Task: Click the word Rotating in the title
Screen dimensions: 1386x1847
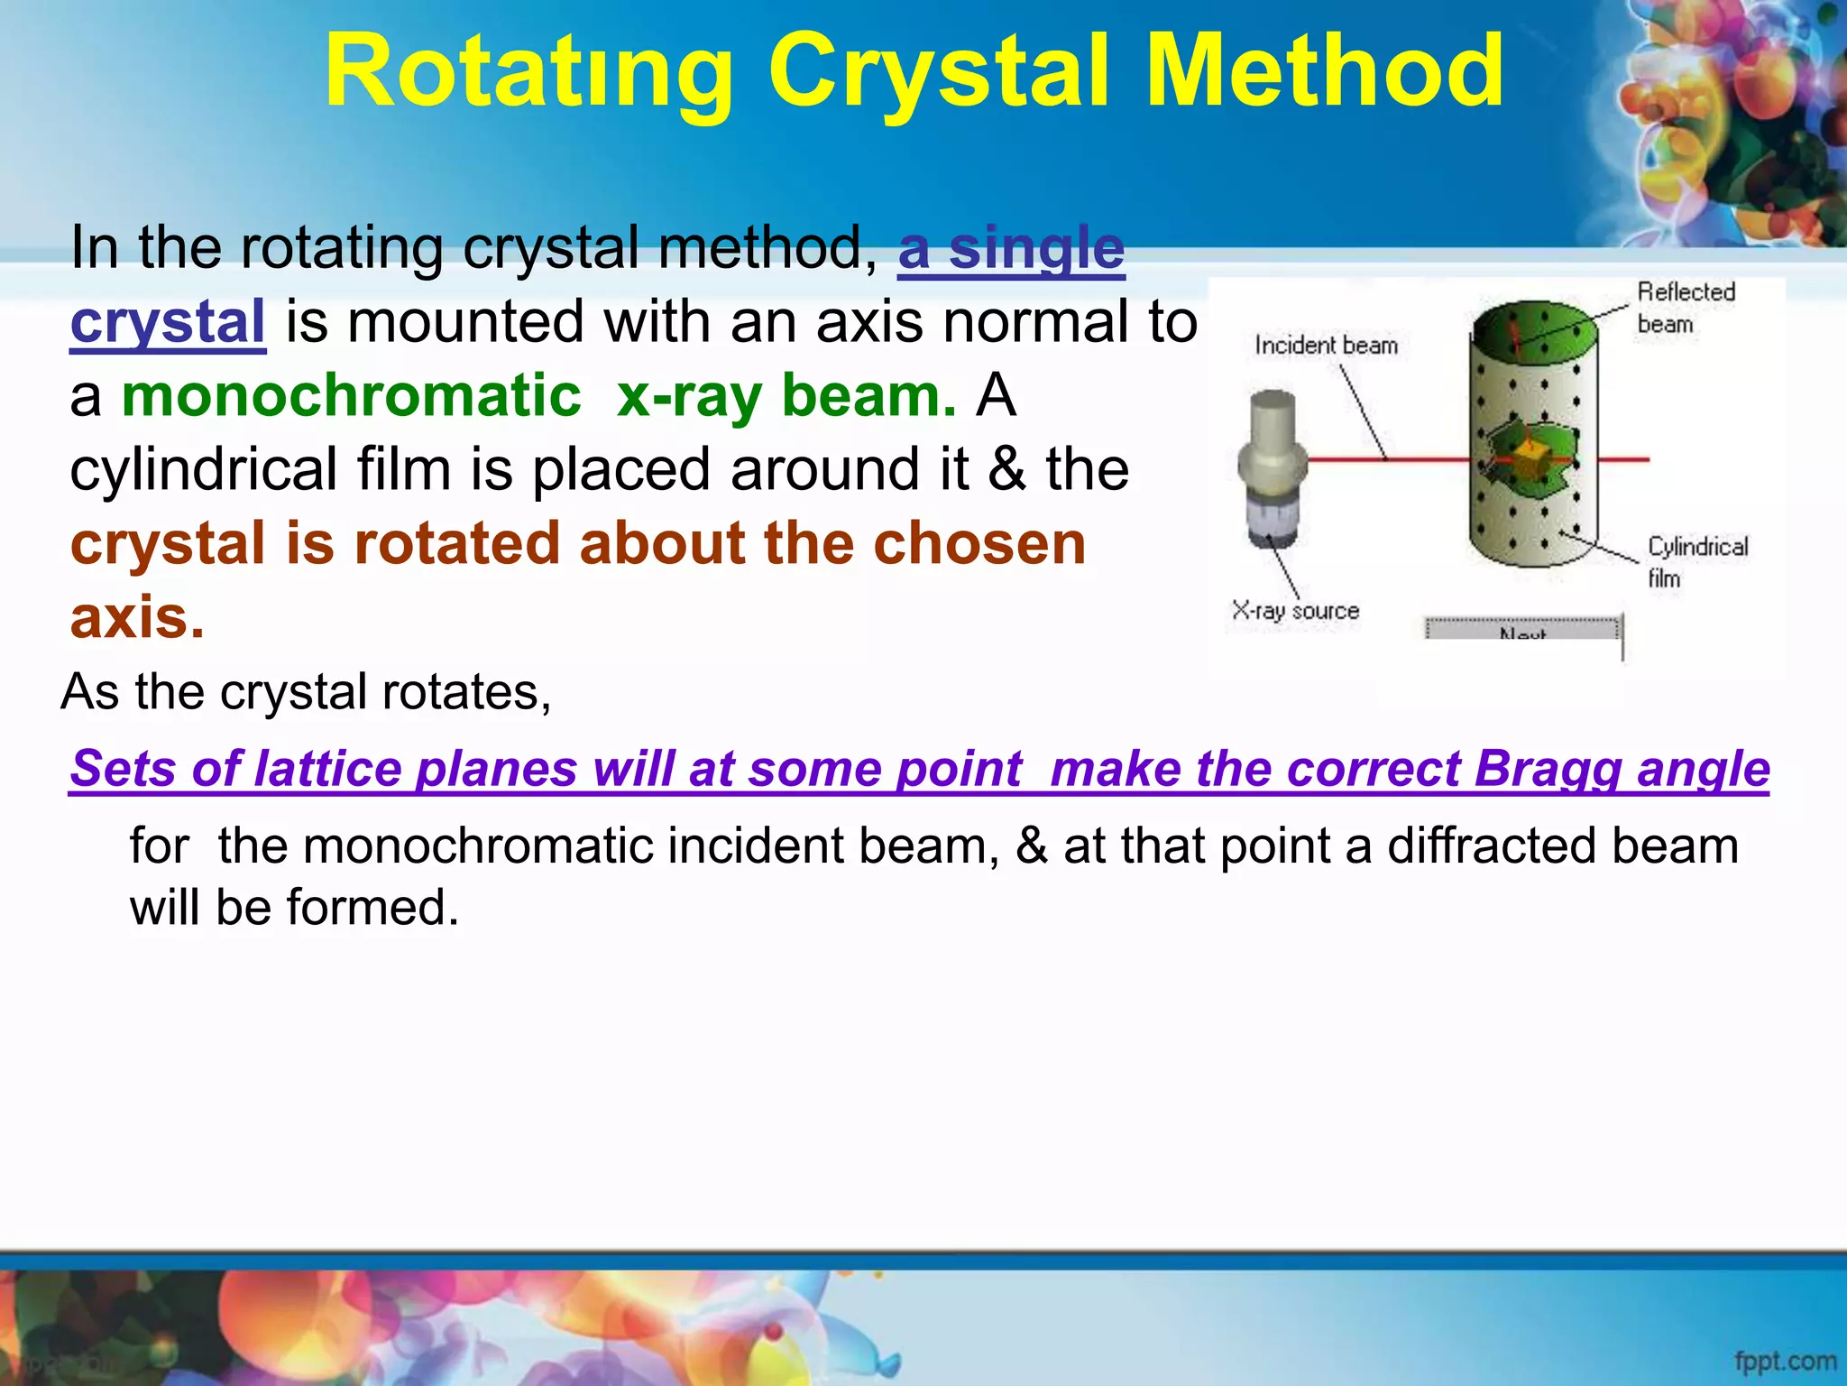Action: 528,72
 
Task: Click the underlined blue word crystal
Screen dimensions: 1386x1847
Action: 168,322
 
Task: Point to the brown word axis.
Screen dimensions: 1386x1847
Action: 137,618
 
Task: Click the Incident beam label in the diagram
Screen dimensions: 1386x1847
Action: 1326,346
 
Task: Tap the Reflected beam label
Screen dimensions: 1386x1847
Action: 1685,307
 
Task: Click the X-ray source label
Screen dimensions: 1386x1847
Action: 1295,611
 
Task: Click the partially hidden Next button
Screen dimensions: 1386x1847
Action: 1522,630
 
